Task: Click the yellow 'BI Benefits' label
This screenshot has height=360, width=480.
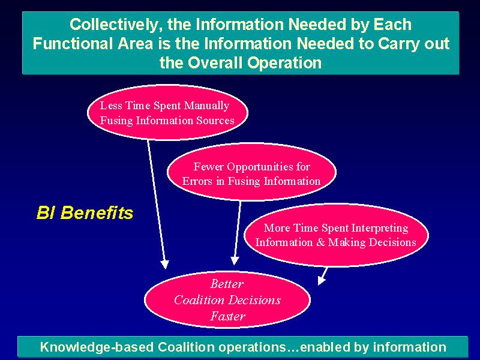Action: pyautogui.click(x=85, y=213)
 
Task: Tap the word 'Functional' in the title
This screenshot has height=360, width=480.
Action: pyautogui.click(x=73, y=43)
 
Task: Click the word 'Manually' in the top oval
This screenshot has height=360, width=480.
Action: pyautogui.click(x=206, y=106)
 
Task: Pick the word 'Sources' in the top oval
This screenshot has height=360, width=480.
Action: pyautogui.click(x=215, y=121)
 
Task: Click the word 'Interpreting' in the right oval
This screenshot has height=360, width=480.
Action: pyautogui.click(x=380, y=229)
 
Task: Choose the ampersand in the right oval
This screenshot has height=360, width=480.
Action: pyautogui.click(x=320, y=242)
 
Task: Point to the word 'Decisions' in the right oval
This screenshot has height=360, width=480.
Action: pyautogui.click(x=392, y=242)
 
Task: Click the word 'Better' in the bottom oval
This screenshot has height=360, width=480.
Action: pyautogui.click(x=227, y=284)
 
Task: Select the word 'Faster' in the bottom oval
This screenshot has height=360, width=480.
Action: pyautogui.click(x=228, y=316)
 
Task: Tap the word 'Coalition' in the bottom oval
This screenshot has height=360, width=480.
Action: pyautogui.click(x=199, y=300)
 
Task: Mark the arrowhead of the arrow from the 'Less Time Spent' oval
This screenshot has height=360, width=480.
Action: pyautogui.click(x=164, y=265)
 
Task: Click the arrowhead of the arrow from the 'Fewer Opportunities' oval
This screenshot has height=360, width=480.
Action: pyautogui.click(x=235, y=260)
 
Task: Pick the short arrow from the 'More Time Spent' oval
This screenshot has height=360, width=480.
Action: pyautogui.click(x=323, y=276)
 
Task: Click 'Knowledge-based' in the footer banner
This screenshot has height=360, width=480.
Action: pyautogui.click(x=97, y=347)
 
